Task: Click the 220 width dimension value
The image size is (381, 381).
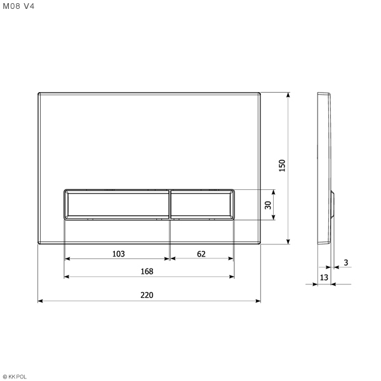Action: click(x=147, y=295)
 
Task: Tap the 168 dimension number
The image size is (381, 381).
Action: click(x=147, y=271)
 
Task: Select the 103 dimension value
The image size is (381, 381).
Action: click(x=118, y=253)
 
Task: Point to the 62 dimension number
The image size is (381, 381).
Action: click(x=201, y=253)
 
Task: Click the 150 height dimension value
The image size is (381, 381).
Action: click(x=282, y=166)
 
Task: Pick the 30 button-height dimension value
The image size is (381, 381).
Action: click(x=268, y=205)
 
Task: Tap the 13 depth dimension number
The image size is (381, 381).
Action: click(x=324, y=277)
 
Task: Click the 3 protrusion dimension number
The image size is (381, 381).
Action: click(x=346, y=262)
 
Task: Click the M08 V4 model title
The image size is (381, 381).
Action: click(x=18, y=6)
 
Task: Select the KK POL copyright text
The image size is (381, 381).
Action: click(x=15, y=377)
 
